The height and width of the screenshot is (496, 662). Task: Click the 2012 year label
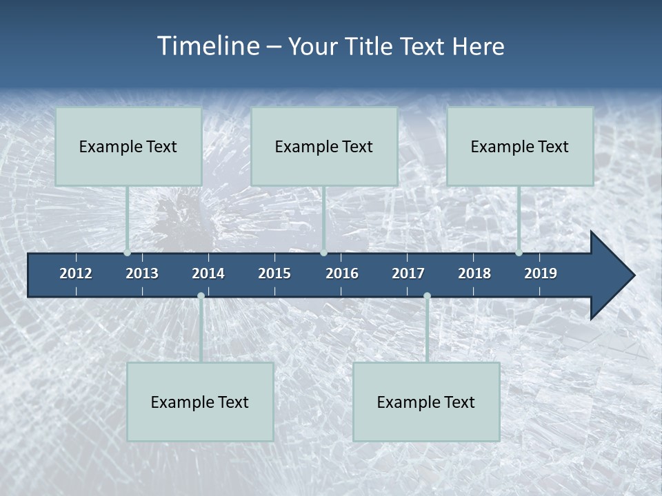(x=76, y=273)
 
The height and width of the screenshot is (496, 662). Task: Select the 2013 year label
(x=142, y=273)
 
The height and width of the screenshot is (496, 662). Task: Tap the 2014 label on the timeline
(x=208, y=273)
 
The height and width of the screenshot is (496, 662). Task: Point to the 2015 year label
(x=274, y=273)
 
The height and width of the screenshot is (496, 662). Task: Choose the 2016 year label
(x=342, y=273)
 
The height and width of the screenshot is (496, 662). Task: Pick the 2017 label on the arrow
(x=408, y=273)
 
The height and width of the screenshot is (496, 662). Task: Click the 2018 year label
(x=474, y=273)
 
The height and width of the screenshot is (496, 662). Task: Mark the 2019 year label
(x=541, y=273)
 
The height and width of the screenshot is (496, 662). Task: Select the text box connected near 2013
(x=128, y=146)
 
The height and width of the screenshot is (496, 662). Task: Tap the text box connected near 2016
(x=324, y=146)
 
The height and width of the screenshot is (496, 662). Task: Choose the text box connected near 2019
(x=520, y=146)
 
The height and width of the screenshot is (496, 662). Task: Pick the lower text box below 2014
(x=200, y=402)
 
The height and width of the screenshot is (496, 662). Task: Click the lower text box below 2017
(x=426, y=402)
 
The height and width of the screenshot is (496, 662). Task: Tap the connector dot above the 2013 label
(x=128, y=253)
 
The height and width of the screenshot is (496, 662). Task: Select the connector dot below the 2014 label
(x=201, y=296)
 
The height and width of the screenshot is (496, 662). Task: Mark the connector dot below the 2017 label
(x=427, y=296)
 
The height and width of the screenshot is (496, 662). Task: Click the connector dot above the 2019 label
(x=519, y=253)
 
